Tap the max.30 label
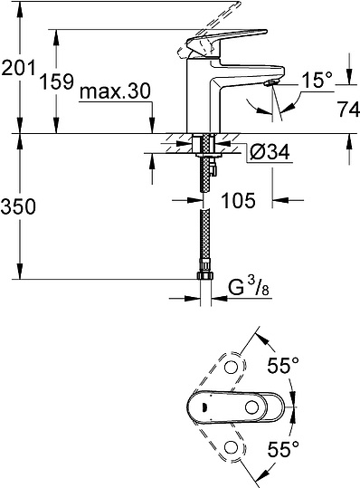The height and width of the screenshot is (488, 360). (x=113, y=92)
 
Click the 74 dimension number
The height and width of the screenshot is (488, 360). (x=343, y=111)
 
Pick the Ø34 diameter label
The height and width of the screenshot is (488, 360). (x=268, y=153)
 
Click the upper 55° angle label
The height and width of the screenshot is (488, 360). (x=282, y=366)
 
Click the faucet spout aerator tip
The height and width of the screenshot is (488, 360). (x=270, y=83)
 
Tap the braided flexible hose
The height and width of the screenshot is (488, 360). (x=201, y=226)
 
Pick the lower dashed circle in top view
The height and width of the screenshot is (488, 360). (x=235, y=448)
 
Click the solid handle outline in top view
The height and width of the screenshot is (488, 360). (x=237, y=407)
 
